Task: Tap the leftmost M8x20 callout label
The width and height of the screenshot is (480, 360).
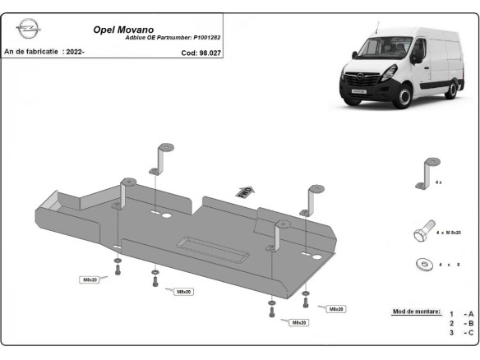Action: tap(90, 279)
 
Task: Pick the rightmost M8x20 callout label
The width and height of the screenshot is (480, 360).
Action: tap(336, 309)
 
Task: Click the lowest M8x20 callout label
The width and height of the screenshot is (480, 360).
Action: tap(298, 323)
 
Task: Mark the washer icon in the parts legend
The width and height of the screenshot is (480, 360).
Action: tap(425, 265)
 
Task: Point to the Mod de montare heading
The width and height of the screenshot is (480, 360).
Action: tap(413, 312)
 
